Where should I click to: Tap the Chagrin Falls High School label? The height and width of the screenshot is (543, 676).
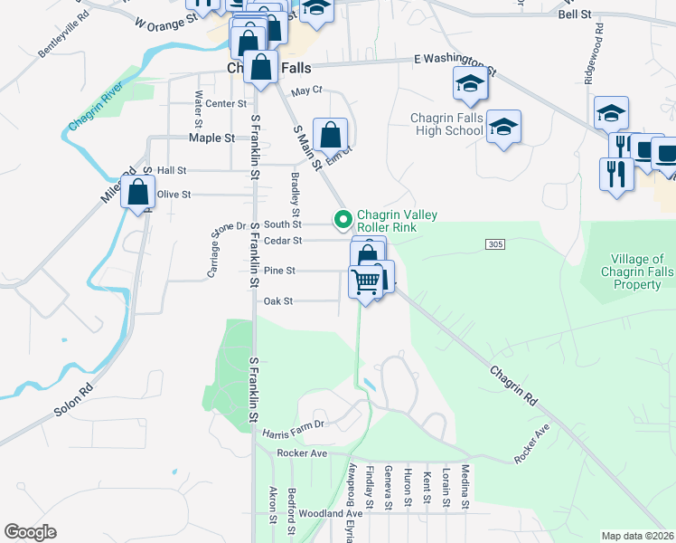(446, 124)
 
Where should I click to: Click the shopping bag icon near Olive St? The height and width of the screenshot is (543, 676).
(137, 193)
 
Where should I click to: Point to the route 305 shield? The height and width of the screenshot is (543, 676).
(494, 244)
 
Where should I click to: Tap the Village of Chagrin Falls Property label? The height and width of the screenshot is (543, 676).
(631, 271)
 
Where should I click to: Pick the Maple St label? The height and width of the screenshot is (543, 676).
(211, 138)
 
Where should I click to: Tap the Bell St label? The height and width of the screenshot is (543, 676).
(574, 15)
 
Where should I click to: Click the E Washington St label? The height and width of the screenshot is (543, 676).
(455, 62)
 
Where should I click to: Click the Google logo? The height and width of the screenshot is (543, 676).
(30, 532)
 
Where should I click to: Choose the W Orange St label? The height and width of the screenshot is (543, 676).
(165, 21)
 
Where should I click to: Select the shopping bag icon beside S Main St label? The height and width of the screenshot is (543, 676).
(331, 136)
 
